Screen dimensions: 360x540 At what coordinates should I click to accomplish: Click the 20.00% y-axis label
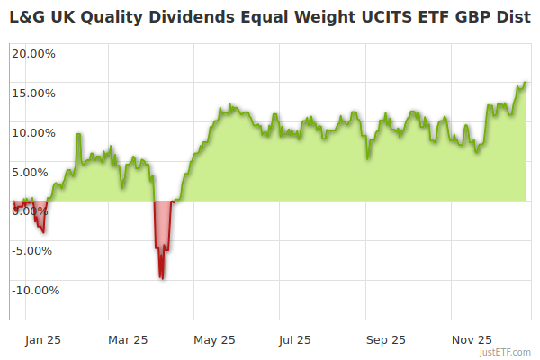(x=33, y=53)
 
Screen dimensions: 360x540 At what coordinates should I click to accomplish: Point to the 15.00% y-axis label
(x=33, y=93)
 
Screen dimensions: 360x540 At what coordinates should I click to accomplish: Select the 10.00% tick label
(x=33, y=132)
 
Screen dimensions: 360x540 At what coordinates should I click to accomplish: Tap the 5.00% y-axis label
(x=36, y=172)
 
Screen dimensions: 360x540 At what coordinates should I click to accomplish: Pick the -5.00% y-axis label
(x=34, y=250)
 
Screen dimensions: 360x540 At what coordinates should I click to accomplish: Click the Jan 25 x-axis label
(x=42, y=340)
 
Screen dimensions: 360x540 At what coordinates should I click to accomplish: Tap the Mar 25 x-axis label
(x=128, y=340)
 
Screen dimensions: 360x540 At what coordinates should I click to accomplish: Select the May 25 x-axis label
(x=214, y=340)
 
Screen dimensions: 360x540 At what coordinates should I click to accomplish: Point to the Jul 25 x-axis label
(x=295, y=340)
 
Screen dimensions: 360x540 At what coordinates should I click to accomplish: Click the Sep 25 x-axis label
(x=386, y=340)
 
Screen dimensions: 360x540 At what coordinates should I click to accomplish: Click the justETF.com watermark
(x=506, y=353)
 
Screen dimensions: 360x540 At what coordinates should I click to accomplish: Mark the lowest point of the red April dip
(x=162, y=278)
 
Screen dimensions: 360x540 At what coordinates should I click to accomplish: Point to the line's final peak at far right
(x=525, y=83)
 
